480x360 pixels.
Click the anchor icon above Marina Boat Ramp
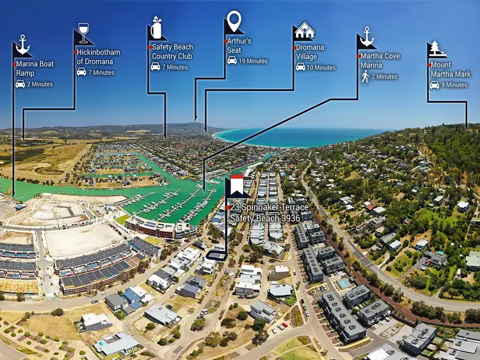pyautogui.click(x=22, y=45)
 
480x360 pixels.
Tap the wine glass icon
pyautogui.click(x=83, y=33)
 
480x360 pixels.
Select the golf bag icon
pyautogui.click(x=156, y=27)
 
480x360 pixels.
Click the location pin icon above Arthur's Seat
pyautogui.click(x=234, y=21)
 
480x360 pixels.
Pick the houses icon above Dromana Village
pyautogui.click(x=305, y=29)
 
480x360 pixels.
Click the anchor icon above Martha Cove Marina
pyautogui.click(x=367, y=36)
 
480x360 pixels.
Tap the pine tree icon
pyautogui.click(x=437, y=49)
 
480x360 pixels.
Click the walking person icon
pyautogui.click(x=365, y=77)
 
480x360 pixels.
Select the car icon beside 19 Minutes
pyautogui.click(x=232, y=61)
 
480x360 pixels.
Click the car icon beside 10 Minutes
pyautogui.click(x=300, y=67)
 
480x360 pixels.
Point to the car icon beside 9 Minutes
pyautogui.click(x=435, y=84)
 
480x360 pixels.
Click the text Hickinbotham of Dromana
pyautogui.click(x=99, y=57)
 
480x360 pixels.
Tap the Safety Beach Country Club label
pyautogui.click(x=172, y=51)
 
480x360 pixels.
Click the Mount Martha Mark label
pyautogui.click(x=451, y=70)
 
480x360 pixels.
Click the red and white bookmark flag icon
pyautogui.click(x=237, y=185)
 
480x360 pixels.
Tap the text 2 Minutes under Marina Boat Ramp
pyautogui.click(x=40, y=84)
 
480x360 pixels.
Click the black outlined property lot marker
pyautogui.click(x=216, y=255)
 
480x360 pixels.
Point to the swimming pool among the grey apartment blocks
pyautogui.click(x=343, y=283)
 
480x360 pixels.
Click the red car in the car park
pyautogui.click(x=285, y=325)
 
